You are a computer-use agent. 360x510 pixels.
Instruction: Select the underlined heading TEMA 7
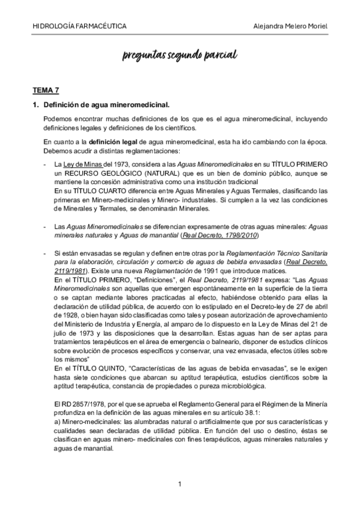[46, 90]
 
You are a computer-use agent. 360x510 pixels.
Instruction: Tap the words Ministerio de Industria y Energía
[102, 327]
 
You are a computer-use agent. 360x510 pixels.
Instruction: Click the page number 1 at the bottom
[180, 484]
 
